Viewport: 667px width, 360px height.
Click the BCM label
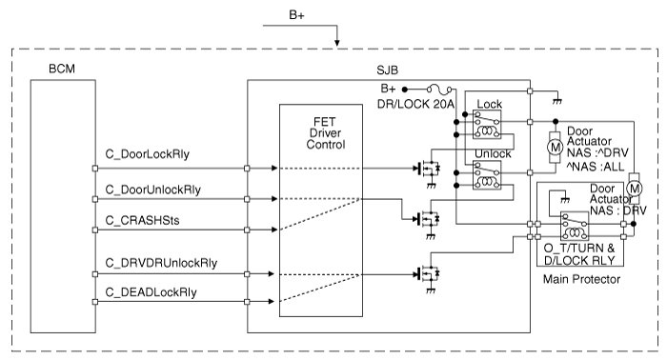pyautogui.click(x=62, y=69)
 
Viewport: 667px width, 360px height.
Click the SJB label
pyautogui.click(x=387, y=70)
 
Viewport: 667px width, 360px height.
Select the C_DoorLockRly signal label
pyautogui.click(x=147, y=154)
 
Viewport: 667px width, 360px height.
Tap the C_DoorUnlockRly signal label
pyautogui.click(x=152, y=190)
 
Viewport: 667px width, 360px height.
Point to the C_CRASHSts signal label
pyautogui.click(x=142, y=221)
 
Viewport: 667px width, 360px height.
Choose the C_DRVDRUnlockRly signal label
pyautogui.click(x=161, y=263)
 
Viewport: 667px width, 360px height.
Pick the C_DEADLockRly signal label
pyautogui.click(x=151, y=292)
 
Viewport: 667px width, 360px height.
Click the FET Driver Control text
pyautogui.click(x=326, y=133)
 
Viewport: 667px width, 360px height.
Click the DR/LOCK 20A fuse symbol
pyautogui.click(x=439, y=90)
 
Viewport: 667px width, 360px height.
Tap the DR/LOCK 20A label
pyautogui.click(x=415, y=104)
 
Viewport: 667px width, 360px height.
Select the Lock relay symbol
pyautogui.click(x=487, y=125)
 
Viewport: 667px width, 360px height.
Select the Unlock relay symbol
pyautogui.click(x=487, y=175)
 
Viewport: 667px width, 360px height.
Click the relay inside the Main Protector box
pyautogui.click(x=575, y=226)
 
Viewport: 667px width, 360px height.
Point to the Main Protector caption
pyautogui.click(x=581, y=279)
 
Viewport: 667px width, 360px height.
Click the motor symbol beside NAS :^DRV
pyautogui.click(x=555, y=148)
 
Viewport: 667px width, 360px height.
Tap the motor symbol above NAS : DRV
pyautogui.click(x=635, y=189)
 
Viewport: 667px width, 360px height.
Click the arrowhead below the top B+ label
pyautogui.click(x=337, y=43)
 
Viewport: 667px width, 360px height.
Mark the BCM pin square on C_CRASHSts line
pyautogui.click(x=95, y=230)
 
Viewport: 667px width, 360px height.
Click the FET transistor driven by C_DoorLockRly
pyautogui.click(x=429, y=169)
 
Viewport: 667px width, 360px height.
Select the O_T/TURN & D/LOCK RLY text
pyautogui.click(x=579, y=254)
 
